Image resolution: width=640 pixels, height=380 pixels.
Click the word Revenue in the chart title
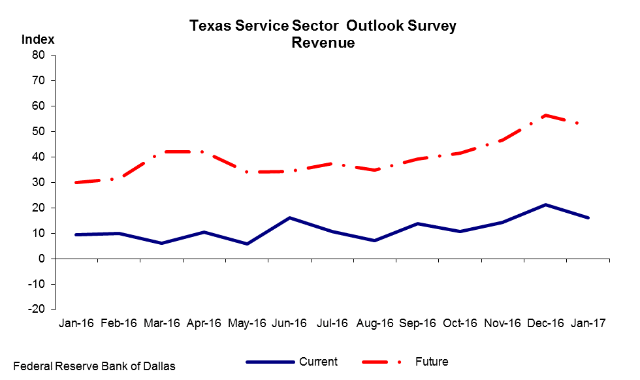tap(323, 42)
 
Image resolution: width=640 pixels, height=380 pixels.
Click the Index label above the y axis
tap(38, 39)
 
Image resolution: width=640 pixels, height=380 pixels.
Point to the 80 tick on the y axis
tap(39, 55)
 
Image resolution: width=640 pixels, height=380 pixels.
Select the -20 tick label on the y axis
tap(37, 309)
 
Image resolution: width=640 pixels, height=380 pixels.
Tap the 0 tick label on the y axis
tap(42, 259)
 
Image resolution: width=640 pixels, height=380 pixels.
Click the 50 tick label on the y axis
tap(39, 131)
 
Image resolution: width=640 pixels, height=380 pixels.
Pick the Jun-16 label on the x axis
tap(289, 323)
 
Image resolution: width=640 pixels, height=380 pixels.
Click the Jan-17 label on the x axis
tap(588, 323)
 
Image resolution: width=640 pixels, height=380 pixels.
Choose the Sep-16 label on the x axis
tap(417, 323)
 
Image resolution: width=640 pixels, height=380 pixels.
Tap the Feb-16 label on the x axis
tap(119, 323)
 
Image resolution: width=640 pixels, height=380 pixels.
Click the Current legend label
tap(319, 362)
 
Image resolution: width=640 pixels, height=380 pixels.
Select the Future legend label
tap(432, 362)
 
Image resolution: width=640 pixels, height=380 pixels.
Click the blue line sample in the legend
tap(270, 362)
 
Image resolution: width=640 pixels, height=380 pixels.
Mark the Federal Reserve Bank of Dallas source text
tap(94, 366)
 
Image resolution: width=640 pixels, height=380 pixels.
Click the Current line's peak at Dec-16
tap(546, 204)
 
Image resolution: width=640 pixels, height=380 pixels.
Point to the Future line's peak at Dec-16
tap(546, 116)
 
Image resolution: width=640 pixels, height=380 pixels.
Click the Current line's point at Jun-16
tap(289, 218)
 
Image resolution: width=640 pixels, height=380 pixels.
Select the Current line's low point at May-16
tap(247, 244)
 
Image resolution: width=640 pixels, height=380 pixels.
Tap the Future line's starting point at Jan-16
tap(76, 182)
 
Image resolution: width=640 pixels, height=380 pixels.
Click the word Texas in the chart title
tap(210, 25)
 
